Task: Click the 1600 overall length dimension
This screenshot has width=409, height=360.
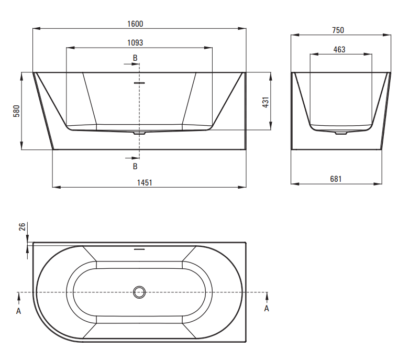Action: tap(135, 24)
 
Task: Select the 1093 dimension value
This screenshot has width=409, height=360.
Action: tap(135, 42)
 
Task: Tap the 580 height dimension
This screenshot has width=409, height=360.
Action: tap(16, 111)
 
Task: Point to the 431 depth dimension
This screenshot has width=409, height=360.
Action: tap(266, 102)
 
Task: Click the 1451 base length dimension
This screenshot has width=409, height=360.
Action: tap(145, 182)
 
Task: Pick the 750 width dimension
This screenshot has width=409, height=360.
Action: tap(338, 30)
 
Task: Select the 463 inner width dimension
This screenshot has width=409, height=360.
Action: tap(339, 49)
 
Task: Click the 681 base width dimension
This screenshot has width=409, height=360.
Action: tap(336, 179)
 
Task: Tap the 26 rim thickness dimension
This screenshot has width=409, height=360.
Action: tap(23, 226)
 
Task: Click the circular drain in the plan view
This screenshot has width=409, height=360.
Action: tap(139, 292)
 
